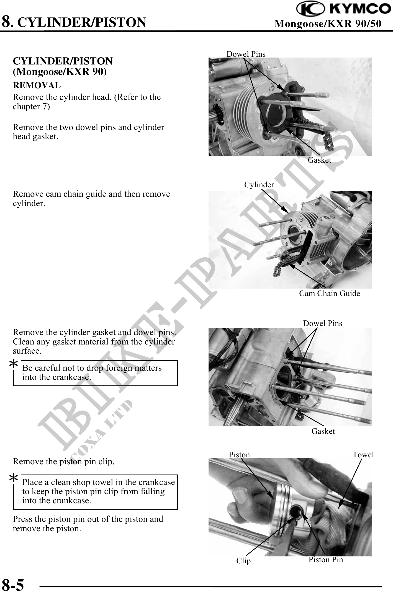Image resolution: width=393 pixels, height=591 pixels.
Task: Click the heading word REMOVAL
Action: [x=37, y=85]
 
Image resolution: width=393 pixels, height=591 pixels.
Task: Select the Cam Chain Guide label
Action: [x=330, y=294]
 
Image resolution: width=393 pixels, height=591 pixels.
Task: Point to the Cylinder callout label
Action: [x=259, y=185]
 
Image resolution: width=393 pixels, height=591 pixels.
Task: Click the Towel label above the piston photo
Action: [x=363, y=455]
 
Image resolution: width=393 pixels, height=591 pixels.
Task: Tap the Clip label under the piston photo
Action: [x=243, y=561]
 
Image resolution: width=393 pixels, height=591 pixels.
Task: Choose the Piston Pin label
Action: [x=326, y=560]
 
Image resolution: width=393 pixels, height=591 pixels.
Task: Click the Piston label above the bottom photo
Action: [x=239, y=455]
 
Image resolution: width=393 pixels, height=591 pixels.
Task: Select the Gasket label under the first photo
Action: [x=319, y=160]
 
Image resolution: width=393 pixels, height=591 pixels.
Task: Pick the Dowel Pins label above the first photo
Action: [x=246, y=54]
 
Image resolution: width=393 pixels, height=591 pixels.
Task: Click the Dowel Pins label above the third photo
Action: [x=323, y=323]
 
